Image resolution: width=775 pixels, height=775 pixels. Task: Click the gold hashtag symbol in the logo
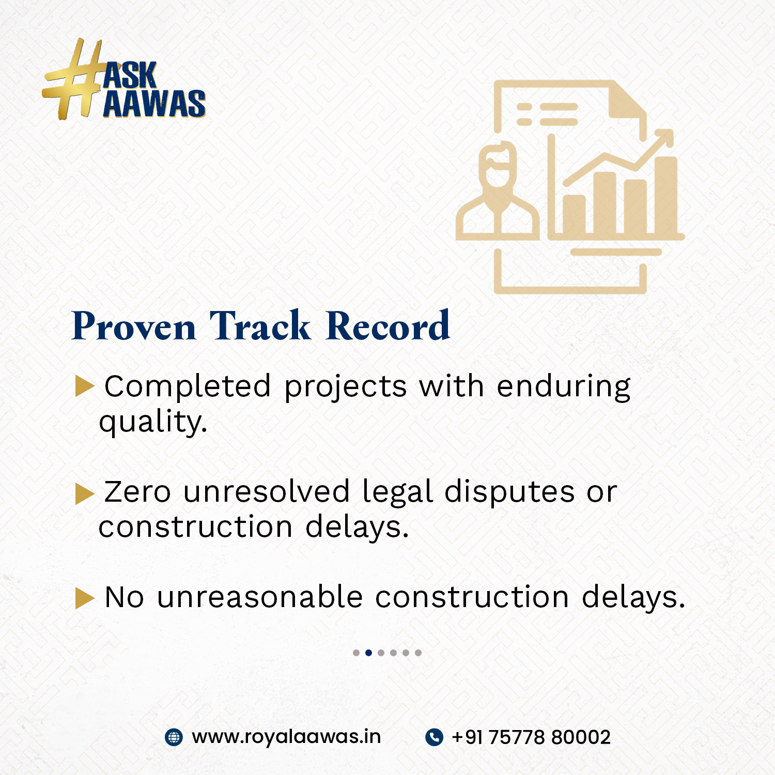coord(72,80)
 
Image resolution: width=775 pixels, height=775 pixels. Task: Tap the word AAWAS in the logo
coord(154,103)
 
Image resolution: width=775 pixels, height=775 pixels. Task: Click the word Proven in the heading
coord(134,327)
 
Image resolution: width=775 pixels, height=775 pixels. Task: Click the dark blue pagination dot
coord(368,653)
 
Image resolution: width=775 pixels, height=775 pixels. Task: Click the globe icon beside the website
coord(174,737)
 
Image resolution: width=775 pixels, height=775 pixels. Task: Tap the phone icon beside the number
coord(434,737)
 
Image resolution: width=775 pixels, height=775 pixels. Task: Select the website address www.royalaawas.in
coord(286,737)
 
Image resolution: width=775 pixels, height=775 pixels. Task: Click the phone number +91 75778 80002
coord(531,737)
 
